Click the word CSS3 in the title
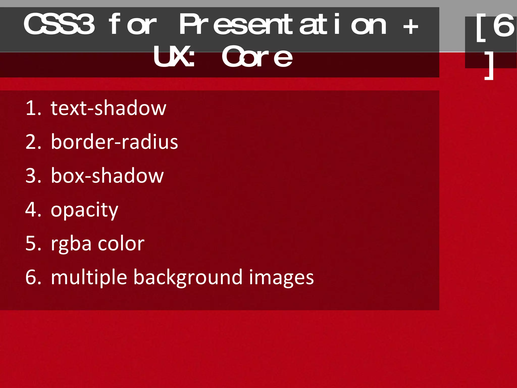pos(59,25)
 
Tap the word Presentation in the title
pos(283,25)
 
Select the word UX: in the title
pos(174,57)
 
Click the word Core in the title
pos(257,57)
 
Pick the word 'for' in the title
pos(132,25)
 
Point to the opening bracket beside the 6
pos(481,28)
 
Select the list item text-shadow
pos(109,108)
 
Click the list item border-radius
pos(114,142)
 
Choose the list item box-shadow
pos(107,176)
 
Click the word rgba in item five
pos(71,244)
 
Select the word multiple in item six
pos(89,278)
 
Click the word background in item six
pos(188,278)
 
